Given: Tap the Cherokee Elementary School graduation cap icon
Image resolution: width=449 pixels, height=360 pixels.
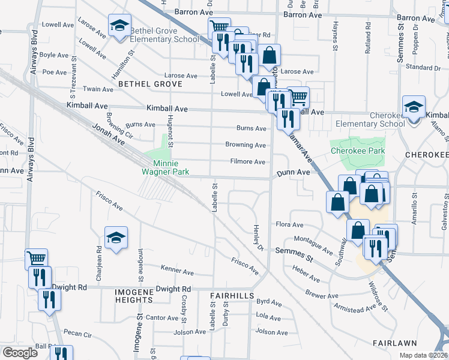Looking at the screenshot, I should (414, 108).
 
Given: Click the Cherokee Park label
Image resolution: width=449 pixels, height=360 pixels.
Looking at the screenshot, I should (357, 151).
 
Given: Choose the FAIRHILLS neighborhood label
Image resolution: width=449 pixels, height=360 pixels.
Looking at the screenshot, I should (232, 296).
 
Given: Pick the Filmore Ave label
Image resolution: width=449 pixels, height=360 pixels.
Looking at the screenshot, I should (248, 162).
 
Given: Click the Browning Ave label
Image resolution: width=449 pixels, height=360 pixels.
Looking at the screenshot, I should (246, 145).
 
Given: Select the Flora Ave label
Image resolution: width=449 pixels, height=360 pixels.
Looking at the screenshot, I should (289, 224).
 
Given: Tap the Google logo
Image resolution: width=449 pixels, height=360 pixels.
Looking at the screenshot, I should (19, 353).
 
